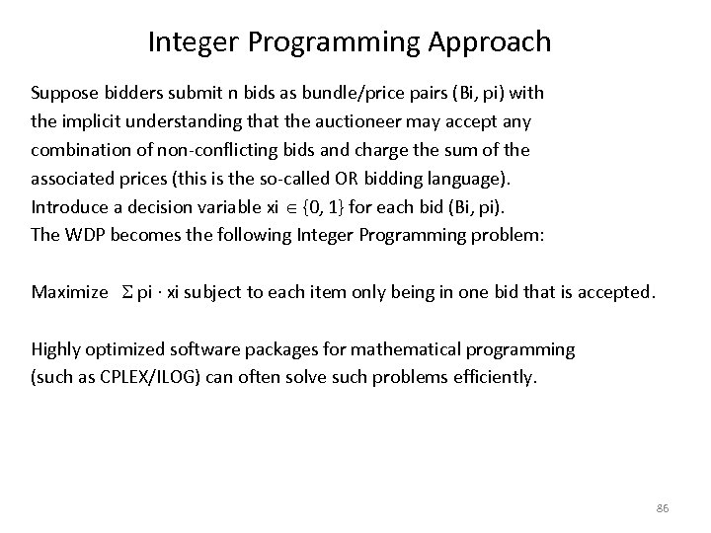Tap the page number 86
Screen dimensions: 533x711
[662, 507]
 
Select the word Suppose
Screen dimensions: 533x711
[62, 94]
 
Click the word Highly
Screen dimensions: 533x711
[56, 348]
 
